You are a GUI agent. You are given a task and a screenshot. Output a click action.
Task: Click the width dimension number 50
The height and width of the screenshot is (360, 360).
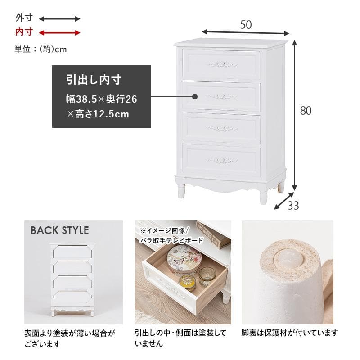(246, 25)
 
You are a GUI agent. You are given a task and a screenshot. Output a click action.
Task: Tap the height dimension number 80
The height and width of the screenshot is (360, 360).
(306, 111)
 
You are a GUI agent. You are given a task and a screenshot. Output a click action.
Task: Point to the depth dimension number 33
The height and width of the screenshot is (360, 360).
(293, 206)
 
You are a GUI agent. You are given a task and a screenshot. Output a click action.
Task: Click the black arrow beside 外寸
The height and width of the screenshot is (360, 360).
(59, 19)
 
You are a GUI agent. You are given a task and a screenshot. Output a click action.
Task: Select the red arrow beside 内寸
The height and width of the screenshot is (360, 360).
(59, 32)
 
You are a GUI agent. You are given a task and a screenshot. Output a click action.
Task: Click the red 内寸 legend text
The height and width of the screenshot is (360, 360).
(24, 32)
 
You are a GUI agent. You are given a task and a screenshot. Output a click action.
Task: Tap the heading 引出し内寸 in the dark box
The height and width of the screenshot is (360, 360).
(94, 81)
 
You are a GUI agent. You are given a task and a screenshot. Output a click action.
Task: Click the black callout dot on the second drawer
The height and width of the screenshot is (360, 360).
(195, 96)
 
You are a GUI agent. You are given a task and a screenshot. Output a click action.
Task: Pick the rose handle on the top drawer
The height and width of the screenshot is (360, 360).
(222, 64)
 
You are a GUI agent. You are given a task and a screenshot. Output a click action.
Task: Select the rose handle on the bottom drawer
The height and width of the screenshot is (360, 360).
(222, 160)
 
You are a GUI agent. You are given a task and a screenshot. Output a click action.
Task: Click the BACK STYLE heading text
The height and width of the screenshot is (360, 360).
(59, 230)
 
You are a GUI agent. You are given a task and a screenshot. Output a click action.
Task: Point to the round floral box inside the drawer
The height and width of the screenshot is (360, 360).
(184, 260)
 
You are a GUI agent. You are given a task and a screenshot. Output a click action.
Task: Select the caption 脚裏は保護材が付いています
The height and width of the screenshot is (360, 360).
(290, 333)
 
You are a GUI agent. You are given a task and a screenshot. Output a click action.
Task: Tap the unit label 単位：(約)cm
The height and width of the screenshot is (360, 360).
(40, 49)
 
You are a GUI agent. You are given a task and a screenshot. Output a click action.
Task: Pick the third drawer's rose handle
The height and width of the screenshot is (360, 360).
(222, 128)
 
